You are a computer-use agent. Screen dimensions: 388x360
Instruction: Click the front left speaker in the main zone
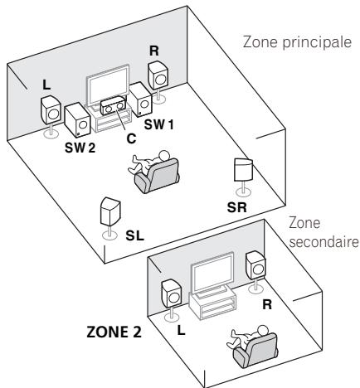(x=51, y=109)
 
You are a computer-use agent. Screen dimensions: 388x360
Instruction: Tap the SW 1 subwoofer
(x=139, y=102)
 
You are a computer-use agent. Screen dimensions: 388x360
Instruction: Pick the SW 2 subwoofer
(x=77, y=119)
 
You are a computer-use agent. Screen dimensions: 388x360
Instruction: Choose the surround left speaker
(x=109, y=214)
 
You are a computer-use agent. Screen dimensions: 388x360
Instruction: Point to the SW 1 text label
(x=156, y=124)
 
